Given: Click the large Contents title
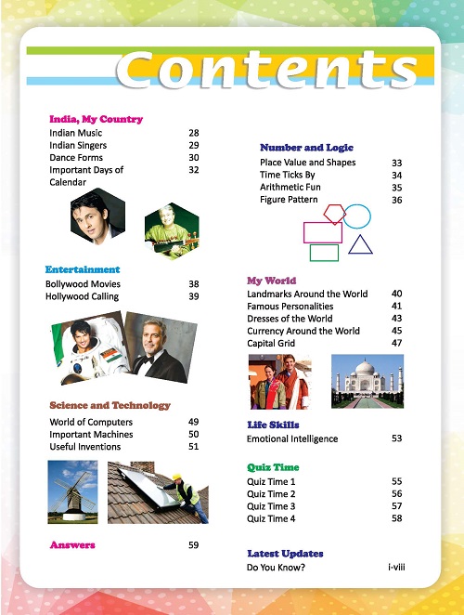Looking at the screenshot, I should click(x=267, y=70).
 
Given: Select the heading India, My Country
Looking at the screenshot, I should click(x=96, y=119).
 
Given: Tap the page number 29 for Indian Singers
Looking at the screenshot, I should click(x=194, y=146).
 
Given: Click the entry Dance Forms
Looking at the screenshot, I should click(x=77, y=158).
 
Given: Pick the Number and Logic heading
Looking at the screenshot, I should click(x=306, y=148).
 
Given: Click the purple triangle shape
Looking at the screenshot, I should click(x=361, y=244).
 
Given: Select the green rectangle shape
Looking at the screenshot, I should click(x=324, y=252).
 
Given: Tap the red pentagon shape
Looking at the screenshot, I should click(x=334, y=215).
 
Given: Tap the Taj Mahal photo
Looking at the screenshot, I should click(x=367, y=382).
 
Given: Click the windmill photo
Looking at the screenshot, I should click(x=71, y=491).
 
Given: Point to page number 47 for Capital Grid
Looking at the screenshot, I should click(x=396, y=343).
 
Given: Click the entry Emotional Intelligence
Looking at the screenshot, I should click(x=292, y=438).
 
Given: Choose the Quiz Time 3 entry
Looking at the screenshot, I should click(x=271, y=506).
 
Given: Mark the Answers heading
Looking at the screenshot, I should click(x=72, y=544).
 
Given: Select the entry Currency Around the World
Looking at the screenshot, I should click(x=303, y=331).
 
